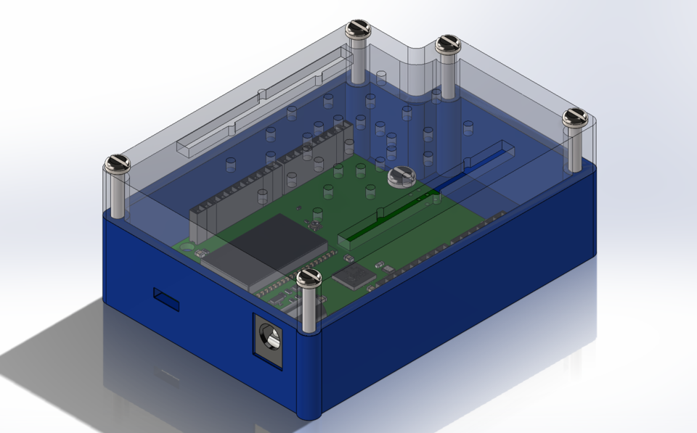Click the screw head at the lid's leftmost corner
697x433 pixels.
point(117,164)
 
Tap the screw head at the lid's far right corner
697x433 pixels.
point(574,115)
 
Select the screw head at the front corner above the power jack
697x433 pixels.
point(309,276)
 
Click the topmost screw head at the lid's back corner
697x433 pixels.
point(358,28)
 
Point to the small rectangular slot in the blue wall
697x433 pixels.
point(166,298)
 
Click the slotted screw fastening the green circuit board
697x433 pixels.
point(400,176)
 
